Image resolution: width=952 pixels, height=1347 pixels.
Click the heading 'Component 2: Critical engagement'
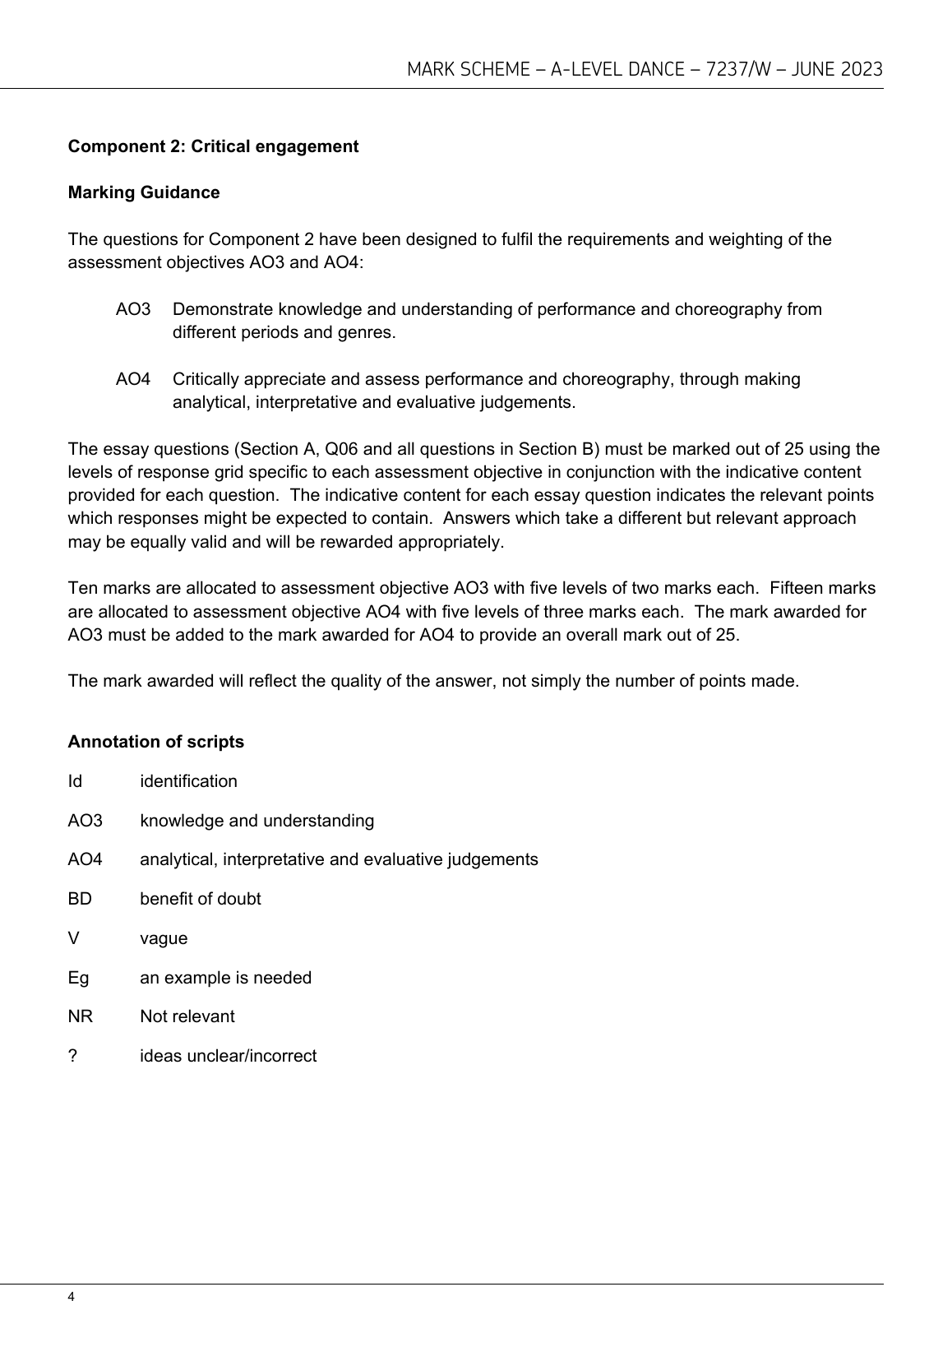pos(213,146)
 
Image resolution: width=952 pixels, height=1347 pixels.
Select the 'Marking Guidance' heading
pos(144,192)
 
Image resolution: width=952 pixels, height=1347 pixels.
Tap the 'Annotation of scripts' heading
pos(155,742)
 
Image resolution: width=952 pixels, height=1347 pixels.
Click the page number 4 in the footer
pos(72,1297)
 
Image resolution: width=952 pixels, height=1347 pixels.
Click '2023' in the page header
pos(862,69)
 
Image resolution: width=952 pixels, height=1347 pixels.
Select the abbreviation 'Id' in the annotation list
pos(75,781)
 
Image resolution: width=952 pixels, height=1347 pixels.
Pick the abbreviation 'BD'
pos(80,899)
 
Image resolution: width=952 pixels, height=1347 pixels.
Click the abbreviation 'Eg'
pos(78,978)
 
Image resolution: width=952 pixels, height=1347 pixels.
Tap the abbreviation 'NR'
pos(80,1016)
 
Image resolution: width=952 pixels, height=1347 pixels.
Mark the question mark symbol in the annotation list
pos(72,1056)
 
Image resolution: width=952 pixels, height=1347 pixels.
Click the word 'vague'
pos(164,938)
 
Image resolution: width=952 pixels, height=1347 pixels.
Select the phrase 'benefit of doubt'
pos(200,899)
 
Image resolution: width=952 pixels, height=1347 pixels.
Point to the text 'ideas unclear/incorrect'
pos(228,1056)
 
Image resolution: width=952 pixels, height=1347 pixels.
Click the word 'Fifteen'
pos(797,588)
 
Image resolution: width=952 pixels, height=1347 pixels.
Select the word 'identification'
pos(188,781)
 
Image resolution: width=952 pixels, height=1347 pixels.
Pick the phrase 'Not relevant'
pos(187,1016)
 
